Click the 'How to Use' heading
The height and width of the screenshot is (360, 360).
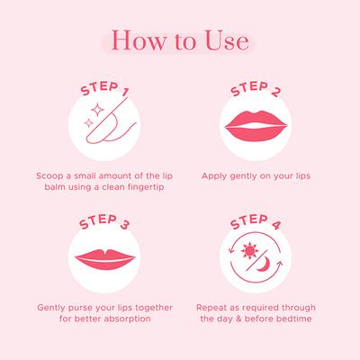pos(180,41)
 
